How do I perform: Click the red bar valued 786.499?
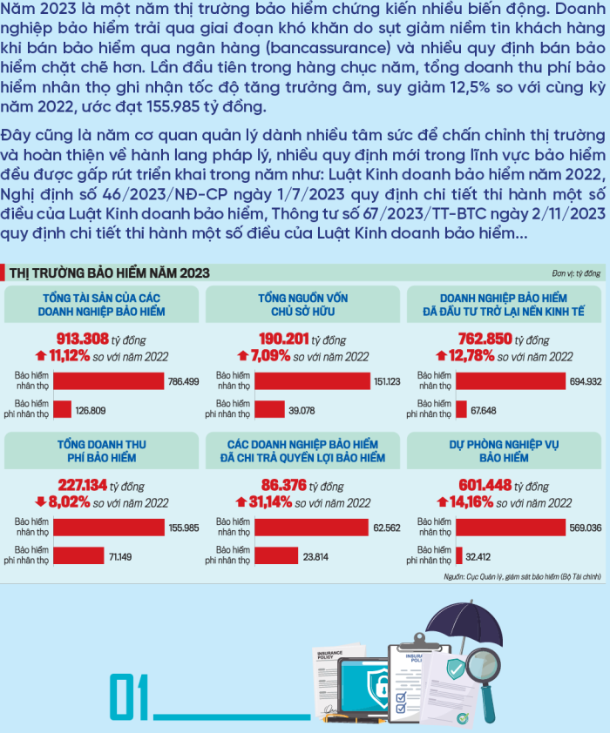tap(109, 380)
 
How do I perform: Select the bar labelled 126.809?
tap(63, 408)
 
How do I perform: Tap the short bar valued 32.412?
tap(458, 555)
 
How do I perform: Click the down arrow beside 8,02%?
tap(40, 502)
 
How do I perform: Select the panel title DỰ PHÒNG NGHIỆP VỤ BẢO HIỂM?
tap(504, 450)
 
